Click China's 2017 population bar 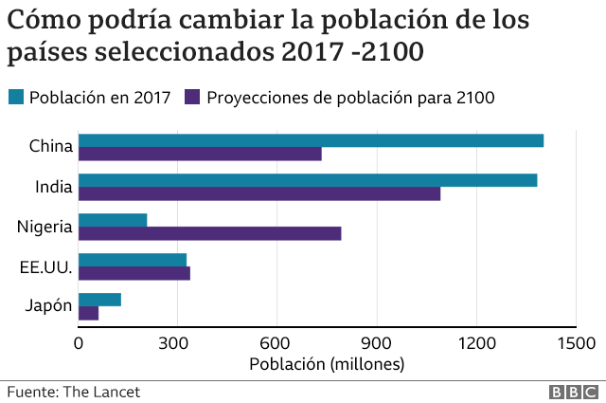[311, 140]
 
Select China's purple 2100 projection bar [200, 155]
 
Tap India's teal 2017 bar [308, 180]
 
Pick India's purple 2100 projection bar [259, 194]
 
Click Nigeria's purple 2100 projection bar [209, 233]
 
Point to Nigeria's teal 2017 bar [113, 220]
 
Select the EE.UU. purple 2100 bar [134, 273]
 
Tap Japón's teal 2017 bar [99, 300]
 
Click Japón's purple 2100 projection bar [88, 313]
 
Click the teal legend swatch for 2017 [16, 97]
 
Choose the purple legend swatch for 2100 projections [193, 97]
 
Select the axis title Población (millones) [327, 364]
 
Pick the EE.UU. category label [45, 266]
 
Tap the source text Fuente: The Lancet [66, 391]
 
